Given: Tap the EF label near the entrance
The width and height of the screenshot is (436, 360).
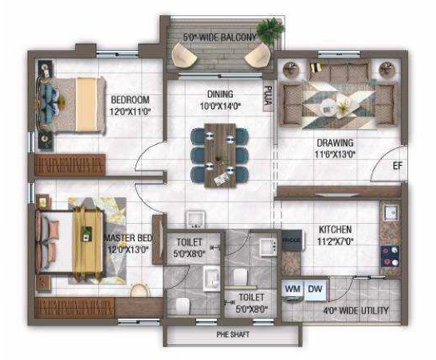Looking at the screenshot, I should tap(397, 166).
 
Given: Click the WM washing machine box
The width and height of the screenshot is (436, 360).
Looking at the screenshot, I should tap(292, 288).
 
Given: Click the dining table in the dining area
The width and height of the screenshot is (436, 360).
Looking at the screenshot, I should tap(218, 154).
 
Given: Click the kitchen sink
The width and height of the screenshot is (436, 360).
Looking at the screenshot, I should tap(392, 214).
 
